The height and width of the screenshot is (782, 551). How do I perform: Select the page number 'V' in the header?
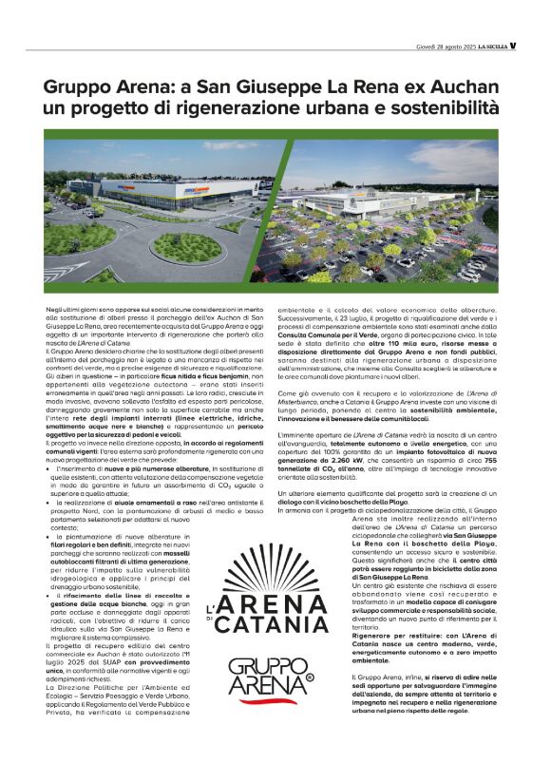click(512, 45)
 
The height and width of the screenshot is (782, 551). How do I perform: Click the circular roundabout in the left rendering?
click(187, 249)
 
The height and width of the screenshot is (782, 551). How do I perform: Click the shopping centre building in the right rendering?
click(380, 206)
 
